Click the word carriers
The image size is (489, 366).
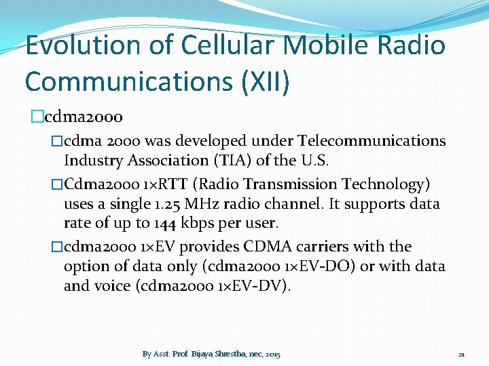click(x=341, y=247)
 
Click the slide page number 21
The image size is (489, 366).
click(x=461, y=354)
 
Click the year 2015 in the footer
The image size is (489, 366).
click(x=272, y=354)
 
